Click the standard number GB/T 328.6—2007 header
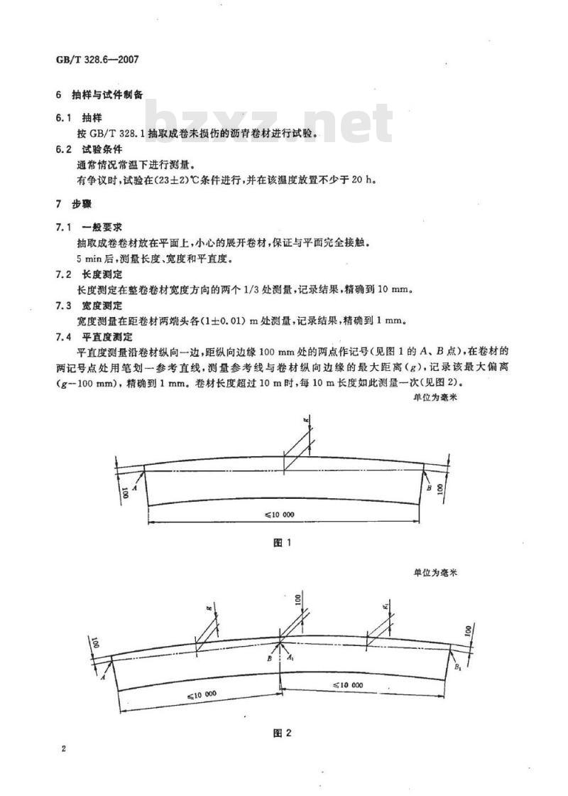(x=97, y=60)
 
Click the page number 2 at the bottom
(x=63, y=749)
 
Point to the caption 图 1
(x=282, y=543)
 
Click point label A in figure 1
(x=134, y=488)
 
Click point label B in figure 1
(x=429, y=488)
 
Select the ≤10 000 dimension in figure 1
(x=280, y=515)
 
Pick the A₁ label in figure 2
(x=290, y=657)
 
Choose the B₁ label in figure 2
(x=457, y=666)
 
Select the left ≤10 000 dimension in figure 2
(x=202, y=695)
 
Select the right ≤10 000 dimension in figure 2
(x=348, y=685)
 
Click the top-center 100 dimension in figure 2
(x=297, y=600)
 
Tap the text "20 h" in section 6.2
(x=364, y=181)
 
